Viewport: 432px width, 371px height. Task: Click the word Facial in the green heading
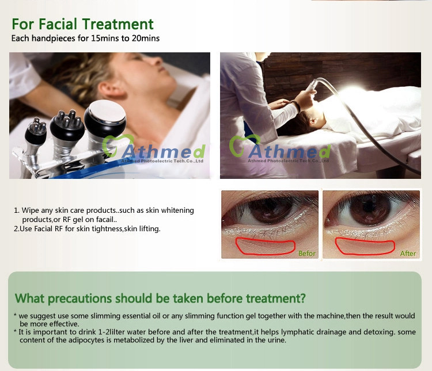[58, 24]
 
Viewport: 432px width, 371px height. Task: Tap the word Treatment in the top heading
[118, 24]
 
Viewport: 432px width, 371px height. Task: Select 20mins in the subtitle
[146, 38]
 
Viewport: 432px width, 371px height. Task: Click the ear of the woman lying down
[109, 87]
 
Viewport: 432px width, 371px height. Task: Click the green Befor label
[306, 253]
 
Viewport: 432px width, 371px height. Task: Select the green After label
[408, 253]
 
